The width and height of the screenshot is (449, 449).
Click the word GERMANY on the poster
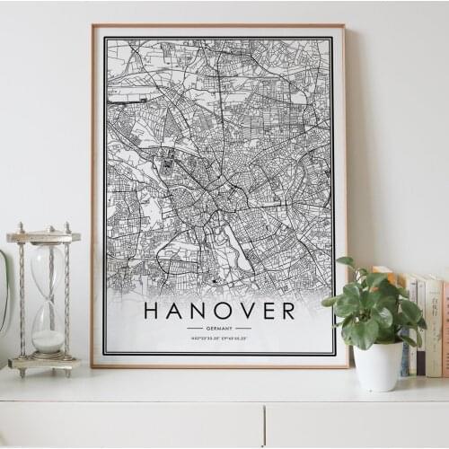pyautogui.click(x=219, y=329)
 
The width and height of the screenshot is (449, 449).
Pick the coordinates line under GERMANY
pyautogui.click(x=219, y=338)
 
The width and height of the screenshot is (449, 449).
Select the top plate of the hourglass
pyautogui.click(x=43, y=237)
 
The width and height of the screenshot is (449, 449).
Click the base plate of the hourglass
pyautogui.click(x=44, y=362)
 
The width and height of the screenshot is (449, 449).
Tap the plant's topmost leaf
pyautogui.click(x=346, y=262)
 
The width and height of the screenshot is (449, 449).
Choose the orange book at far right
pyautogui.click(x=445, y=329)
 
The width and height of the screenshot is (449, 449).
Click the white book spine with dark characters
pyautogui.click(x=434, y=327)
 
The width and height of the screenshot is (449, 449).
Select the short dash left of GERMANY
pyautogui.click(x=194, y=329)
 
